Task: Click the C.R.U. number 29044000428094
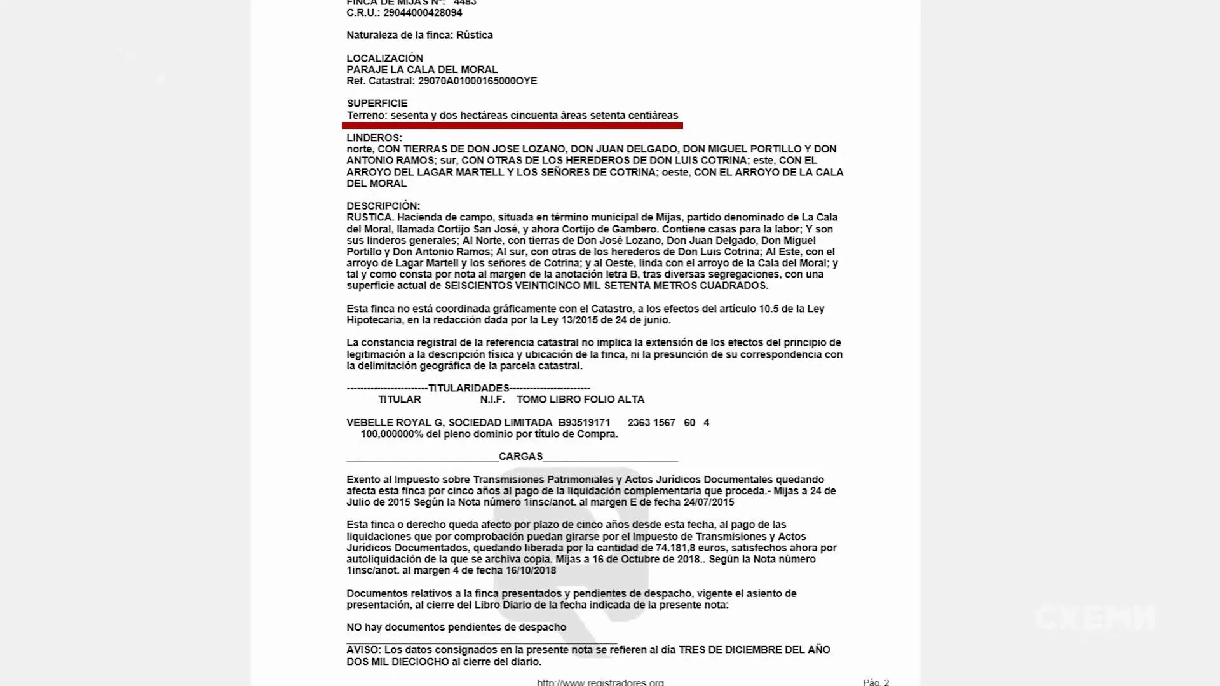pyautogui.click(x=422, y=13)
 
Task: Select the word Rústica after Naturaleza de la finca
pyautogui.click(x=474, y=36)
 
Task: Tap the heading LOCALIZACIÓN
pyautogui.click(x=384, y=58)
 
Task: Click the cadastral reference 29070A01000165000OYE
pyautogui.click(x=477, y=81)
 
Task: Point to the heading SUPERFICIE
pyautogui.click(x=377, y=104)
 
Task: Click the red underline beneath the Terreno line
pyautogui.click(x=512, y=126)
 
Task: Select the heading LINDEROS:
pyautogui.click(x=374, y=138)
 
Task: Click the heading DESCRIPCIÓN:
pyautogui.click(x=383, y=206)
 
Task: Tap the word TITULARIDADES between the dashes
pyautogui.click(x=468, y=388)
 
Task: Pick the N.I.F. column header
pyautogui.click(x=492, y=400)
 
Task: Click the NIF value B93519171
pyautogui.click(x=584, y=423)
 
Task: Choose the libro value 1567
pyautogui.click(x=663, y=423)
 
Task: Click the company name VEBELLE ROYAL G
pyautogui.click(x=395, y=423)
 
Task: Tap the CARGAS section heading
pyautogui.click(x=520, y=457)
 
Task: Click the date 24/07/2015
pyautogui.click(x=708, y=502)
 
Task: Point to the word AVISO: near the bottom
pyautogui.click(x=363, y=650)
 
